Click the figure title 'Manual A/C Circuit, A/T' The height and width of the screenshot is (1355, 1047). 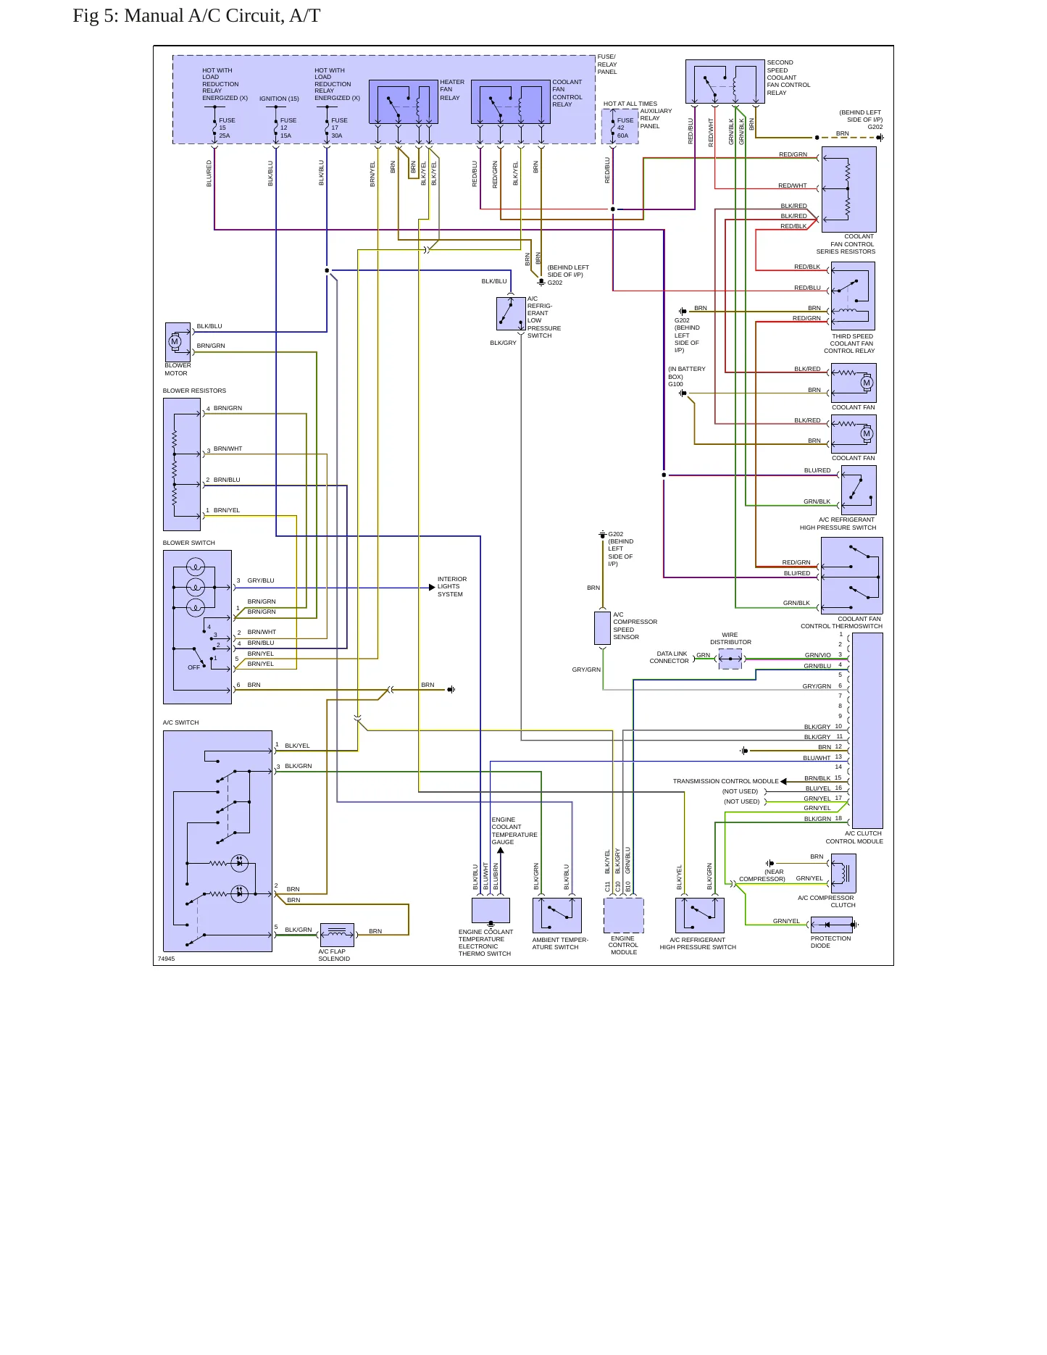point(222,16)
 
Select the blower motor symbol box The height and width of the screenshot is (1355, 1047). point(178,342)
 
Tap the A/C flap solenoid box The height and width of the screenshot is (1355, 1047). point(337,935)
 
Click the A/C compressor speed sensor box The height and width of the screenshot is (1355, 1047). point(602,628)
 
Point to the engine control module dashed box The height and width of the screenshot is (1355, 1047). point(623,915)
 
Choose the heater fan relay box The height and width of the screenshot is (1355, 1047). point(404,102)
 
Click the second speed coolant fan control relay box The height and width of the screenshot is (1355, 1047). point(725,82)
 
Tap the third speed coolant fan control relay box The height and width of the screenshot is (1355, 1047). point(853,296)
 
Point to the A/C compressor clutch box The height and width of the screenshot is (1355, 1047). point(843,873)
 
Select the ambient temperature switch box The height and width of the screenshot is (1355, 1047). point(557,915)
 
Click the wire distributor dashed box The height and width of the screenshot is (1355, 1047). point(730,659)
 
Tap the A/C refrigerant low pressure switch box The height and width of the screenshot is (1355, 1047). point(511,313)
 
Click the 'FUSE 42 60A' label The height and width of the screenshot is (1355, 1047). point(624,128)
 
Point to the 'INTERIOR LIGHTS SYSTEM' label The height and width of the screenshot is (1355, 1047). point(452,587)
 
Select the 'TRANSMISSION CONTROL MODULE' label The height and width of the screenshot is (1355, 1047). point(725,781)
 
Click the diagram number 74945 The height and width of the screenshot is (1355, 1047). point(166,959)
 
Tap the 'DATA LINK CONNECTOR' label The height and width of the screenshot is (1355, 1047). point(670,657)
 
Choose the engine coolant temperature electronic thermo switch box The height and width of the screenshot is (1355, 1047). point(491,910)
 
